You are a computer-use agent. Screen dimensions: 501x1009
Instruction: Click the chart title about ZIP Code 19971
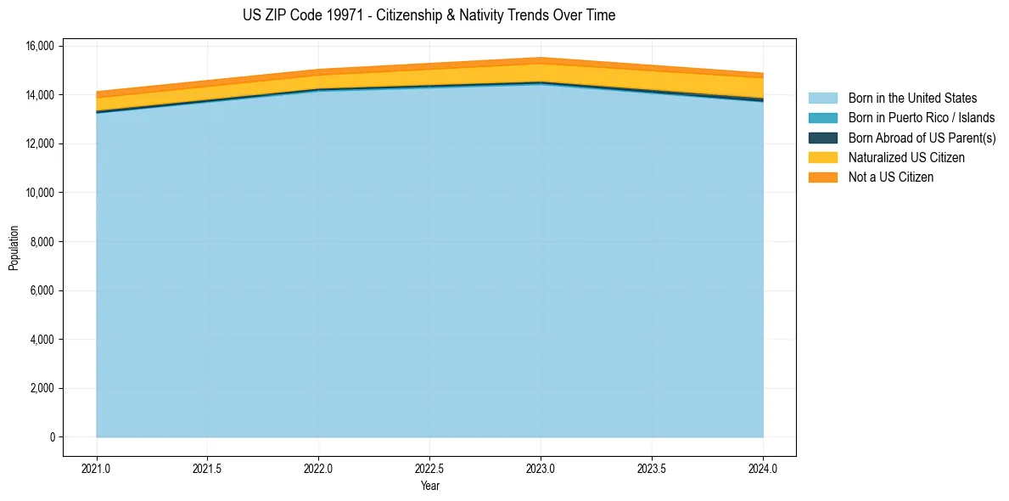(x=429, y=15)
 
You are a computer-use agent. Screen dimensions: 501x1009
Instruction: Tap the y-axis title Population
(x=14, y=248)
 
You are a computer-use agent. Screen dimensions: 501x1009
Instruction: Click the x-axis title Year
(x=429, y=487)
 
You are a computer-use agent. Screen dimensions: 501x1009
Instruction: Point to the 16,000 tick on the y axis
(x=40, y=46)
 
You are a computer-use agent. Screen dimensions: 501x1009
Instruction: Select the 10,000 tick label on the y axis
(x=40, y=193)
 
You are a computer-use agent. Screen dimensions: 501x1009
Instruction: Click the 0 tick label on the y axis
(x=52, y=437)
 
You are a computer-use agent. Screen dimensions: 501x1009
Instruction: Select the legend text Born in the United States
(x=912, y=99)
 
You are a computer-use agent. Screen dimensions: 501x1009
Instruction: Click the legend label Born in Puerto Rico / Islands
(x=922, y=118)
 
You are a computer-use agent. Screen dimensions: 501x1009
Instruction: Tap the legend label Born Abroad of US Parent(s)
(x=922, y=138)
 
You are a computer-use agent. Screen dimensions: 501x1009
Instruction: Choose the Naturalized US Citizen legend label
(x=906, y=158)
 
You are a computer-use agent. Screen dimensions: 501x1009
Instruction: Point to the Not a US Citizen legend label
(x=891, y=177)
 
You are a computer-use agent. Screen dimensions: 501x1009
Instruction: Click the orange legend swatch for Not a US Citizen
(x=823, y=177)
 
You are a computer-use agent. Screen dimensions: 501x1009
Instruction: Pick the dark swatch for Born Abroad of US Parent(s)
(x=823, y=138)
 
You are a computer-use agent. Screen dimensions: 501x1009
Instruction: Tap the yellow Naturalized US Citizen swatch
(x=823, y=158)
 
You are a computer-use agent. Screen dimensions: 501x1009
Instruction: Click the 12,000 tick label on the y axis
(x=40, y=144)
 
